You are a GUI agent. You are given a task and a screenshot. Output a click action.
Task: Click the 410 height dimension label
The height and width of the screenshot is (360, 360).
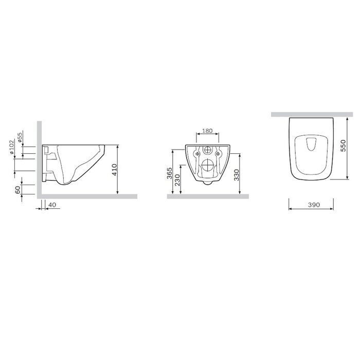(x=114, y=170)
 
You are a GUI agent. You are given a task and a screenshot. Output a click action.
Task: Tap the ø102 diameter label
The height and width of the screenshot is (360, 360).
(x=12, y=147)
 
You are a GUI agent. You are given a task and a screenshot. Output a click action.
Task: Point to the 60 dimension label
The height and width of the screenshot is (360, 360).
(x=17, y=190)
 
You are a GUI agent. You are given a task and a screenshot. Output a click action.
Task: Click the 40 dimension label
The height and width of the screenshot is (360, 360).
(x=52, y=205)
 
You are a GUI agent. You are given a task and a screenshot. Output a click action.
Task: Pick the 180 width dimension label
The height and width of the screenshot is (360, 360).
(x=207, y=131)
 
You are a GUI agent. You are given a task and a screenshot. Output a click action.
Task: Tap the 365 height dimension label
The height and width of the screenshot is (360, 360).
(x=169, y=173)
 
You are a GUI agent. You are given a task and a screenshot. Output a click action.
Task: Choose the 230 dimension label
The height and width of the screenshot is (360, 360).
(x=177, y=180)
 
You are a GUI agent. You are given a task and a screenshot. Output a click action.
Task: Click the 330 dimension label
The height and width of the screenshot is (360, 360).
(x=237, y=175)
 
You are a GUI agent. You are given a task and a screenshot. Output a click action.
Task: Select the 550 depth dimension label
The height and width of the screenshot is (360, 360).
(x=343, y=146)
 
